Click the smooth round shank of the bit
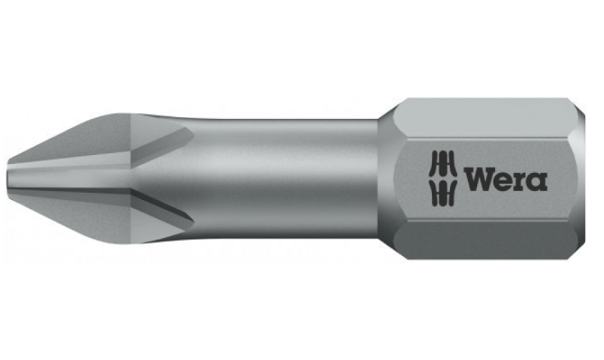[287, 176]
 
